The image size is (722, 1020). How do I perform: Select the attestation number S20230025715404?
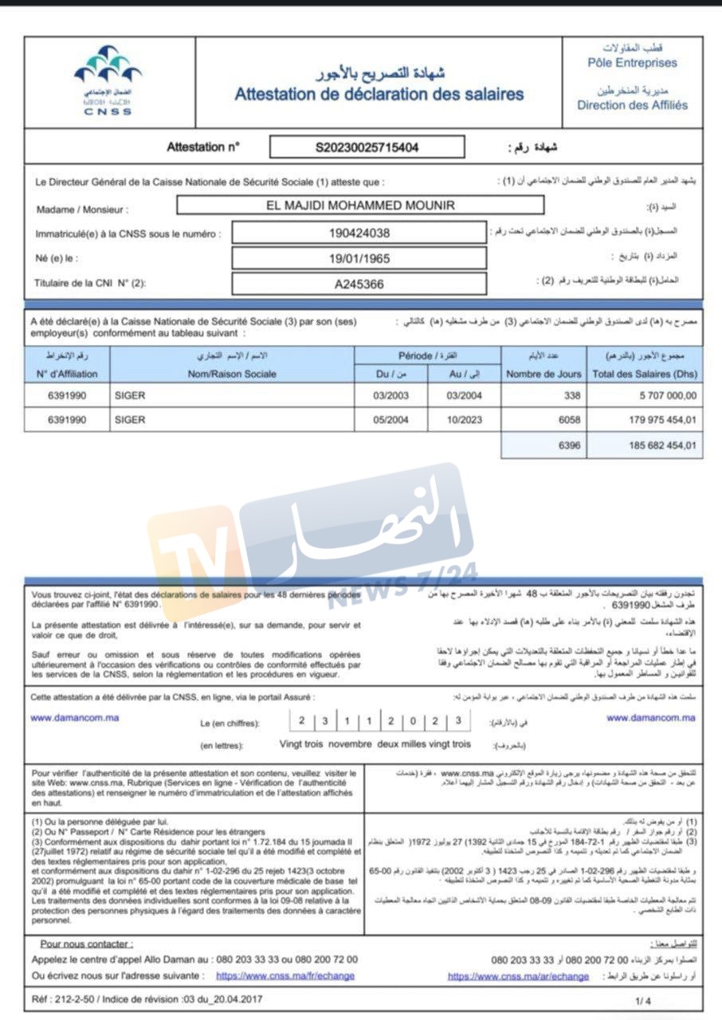(x=367, y=147)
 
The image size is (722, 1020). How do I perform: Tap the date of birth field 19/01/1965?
(x=359, y=258)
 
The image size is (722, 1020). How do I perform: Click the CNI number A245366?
(x=359, y=283)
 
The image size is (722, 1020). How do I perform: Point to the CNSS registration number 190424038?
(x=359, y=233)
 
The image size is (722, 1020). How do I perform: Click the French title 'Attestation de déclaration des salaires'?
(x=379, y=94)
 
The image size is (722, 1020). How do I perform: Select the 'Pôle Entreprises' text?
(x=632, y=62)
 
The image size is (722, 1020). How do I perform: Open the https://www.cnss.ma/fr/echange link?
(x=285, y=975)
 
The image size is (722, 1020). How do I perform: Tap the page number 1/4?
(x=643, y=998)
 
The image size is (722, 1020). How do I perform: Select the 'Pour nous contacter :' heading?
(x=87, y=943)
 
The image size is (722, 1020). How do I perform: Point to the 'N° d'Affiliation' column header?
(x=68, y=373)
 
